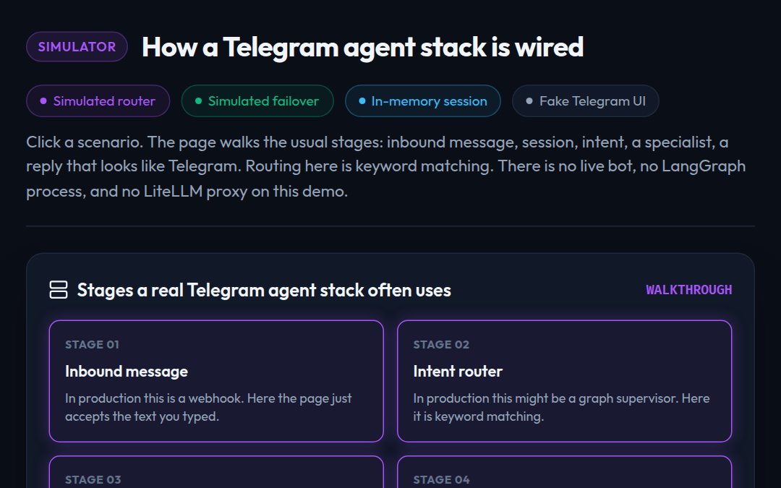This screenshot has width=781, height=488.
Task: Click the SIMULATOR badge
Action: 77,47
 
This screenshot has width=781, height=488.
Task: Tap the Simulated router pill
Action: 98,101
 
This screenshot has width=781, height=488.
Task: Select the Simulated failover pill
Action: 257,101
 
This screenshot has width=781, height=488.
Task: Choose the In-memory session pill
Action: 423,101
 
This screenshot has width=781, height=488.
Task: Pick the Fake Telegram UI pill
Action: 586,101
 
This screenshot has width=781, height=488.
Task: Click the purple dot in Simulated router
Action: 43,101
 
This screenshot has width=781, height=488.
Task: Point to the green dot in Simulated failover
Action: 198,101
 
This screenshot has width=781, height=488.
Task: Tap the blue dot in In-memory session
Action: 362,101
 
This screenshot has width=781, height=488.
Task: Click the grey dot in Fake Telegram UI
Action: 529,101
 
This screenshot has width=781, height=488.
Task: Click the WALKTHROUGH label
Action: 689,290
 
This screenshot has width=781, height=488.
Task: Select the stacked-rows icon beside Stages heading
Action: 59,290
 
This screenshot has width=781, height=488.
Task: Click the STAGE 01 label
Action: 92,345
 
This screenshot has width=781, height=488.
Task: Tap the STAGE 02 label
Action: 441,345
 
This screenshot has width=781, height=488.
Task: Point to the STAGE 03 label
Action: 93,479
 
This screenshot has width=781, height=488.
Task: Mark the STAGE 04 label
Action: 442,479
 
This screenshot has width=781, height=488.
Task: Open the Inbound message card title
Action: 127,372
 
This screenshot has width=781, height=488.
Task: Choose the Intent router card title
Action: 458,372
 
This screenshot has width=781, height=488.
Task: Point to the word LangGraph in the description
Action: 704,166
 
